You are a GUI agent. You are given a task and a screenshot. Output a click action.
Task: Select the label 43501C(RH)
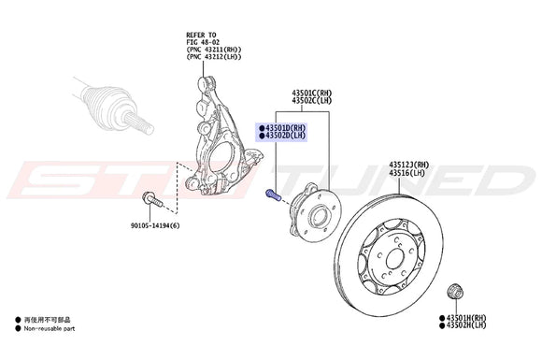click(311, 94)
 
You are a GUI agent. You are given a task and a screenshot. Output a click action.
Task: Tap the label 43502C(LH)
click(311, 101)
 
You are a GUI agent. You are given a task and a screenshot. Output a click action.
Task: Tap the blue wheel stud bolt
click(273, 196)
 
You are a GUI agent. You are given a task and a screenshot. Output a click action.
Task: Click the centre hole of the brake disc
click(390, 257)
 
